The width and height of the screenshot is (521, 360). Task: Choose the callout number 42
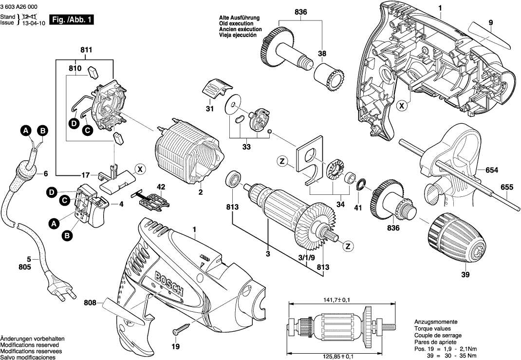click(161, 187)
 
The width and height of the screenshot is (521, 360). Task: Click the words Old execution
click(236, 23)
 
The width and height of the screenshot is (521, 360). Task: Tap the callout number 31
click(209, 108)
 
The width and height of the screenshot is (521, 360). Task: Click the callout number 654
click(492, 170)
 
